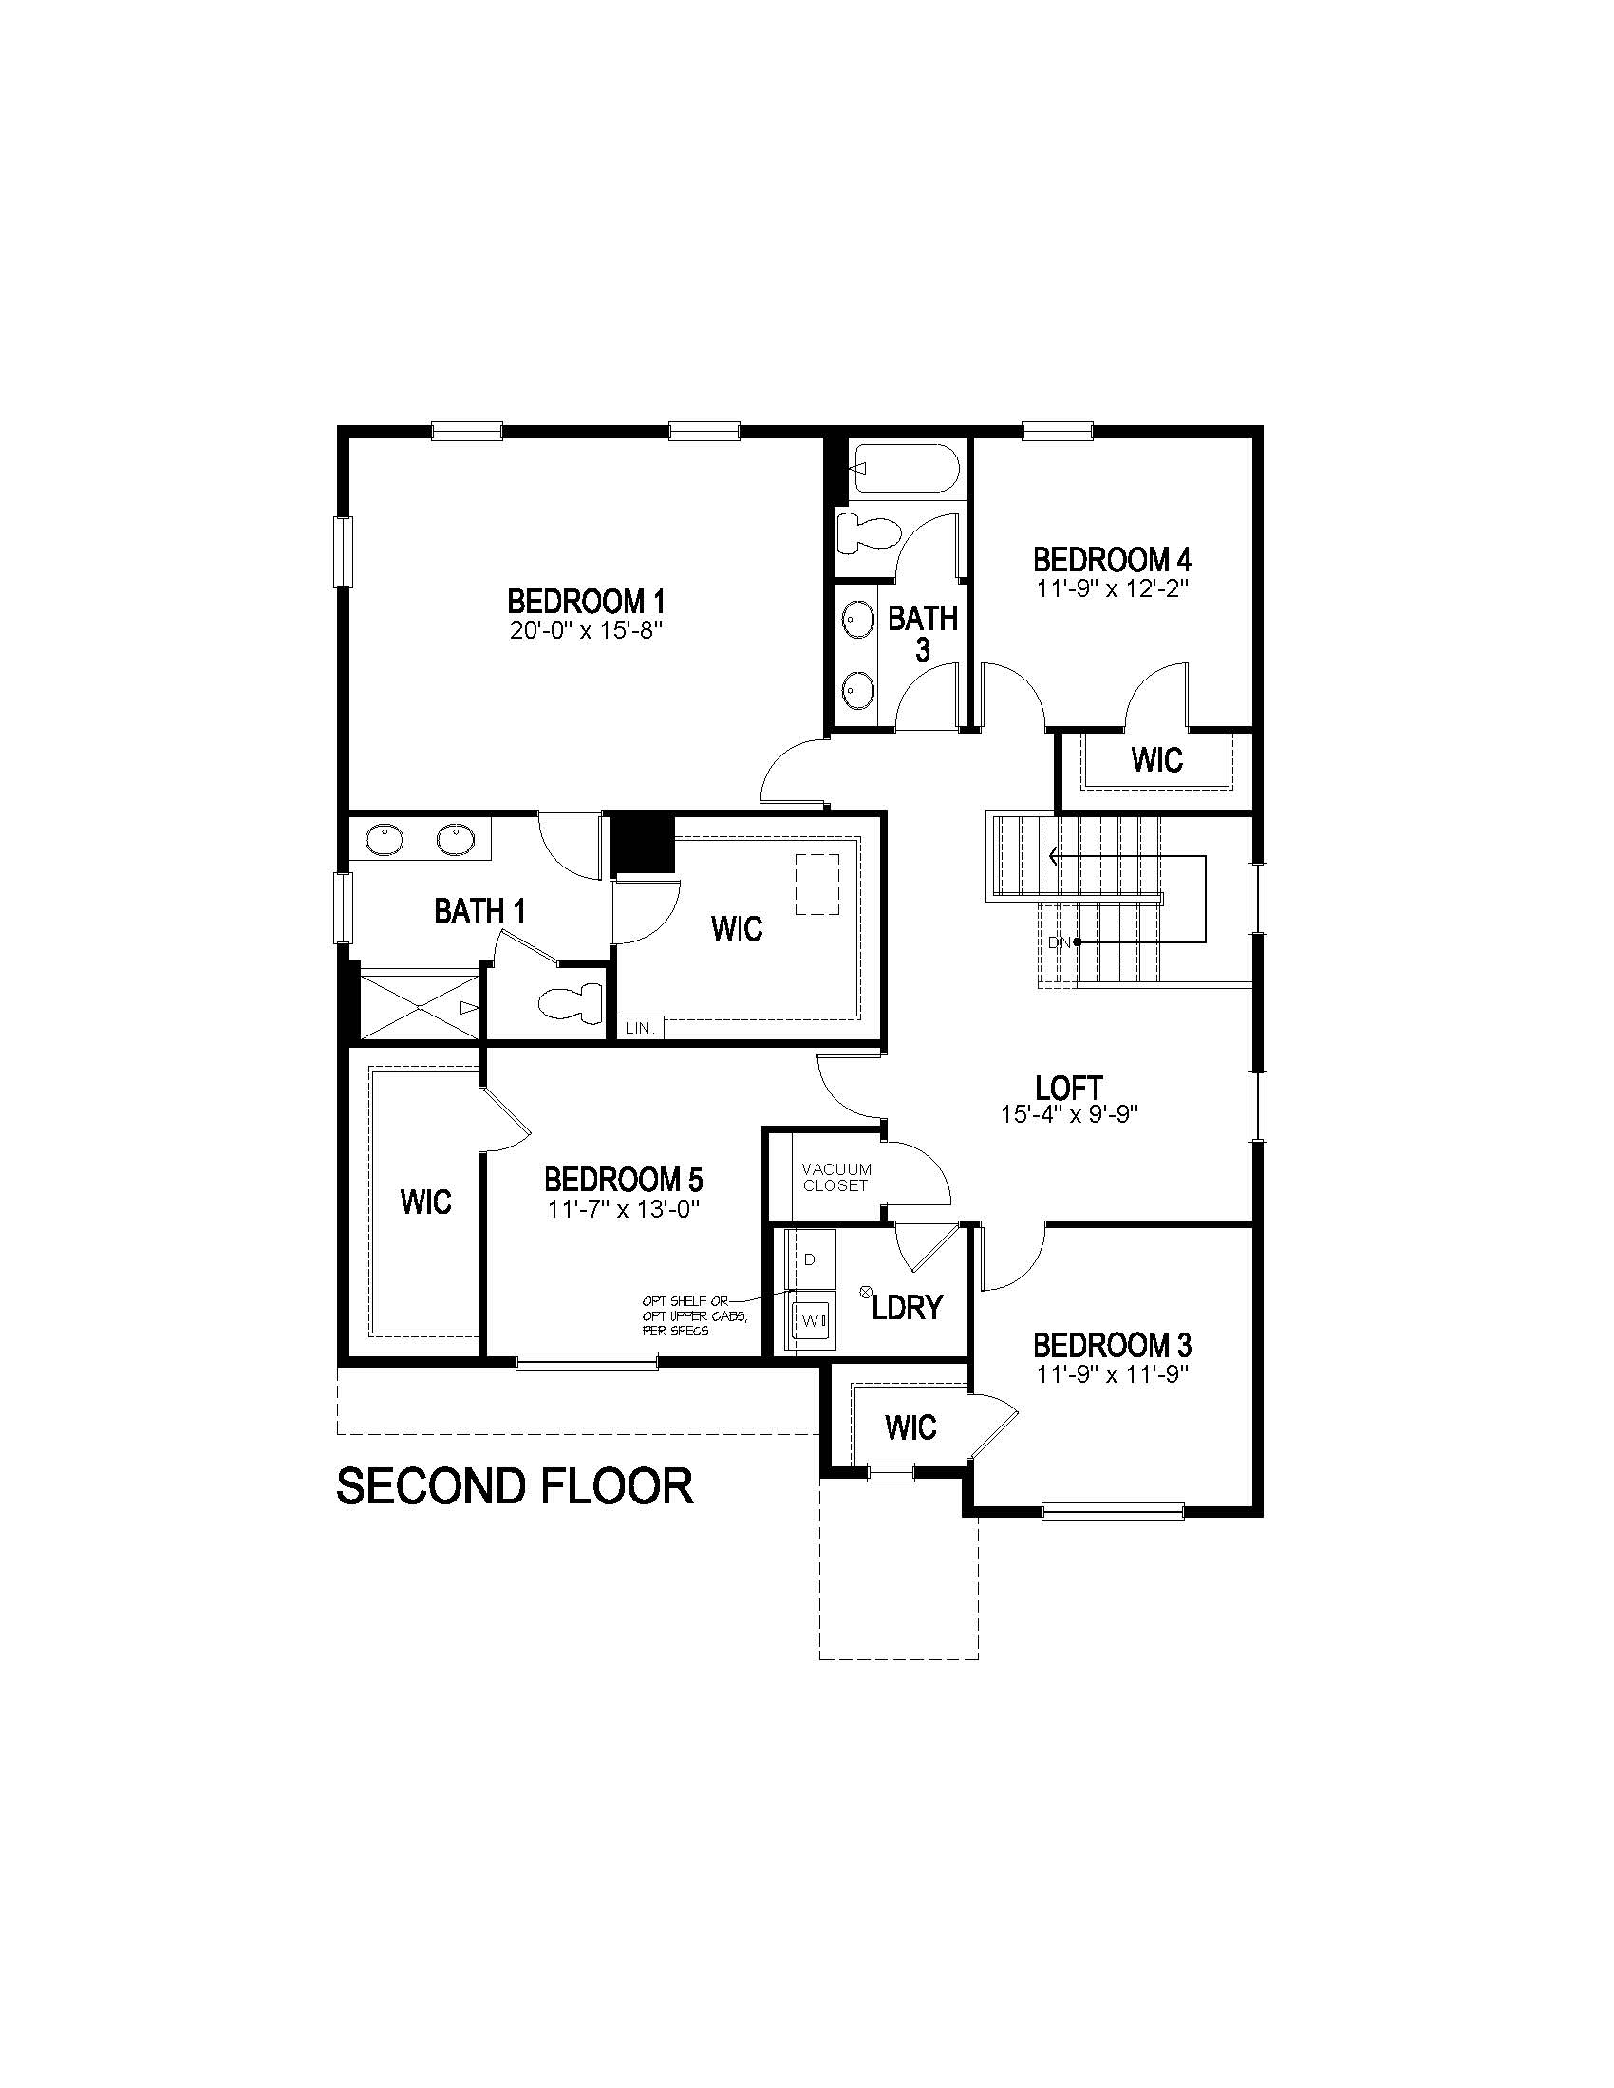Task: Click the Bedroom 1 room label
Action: point(585,602)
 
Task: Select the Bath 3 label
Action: point(923,633)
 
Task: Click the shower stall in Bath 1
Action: point(420,1006)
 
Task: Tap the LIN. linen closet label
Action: point(639,1029)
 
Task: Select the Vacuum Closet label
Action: point(835,1177)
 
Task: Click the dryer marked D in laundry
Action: point(810,1259)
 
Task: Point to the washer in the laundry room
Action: point(811,1320)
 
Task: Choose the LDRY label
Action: point(908,1307)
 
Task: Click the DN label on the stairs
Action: point(1059,942)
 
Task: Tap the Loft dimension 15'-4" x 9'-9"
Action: point(1068,1114)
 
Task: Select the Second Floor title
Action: point(515,1486)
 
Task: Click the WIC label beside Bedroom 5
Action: point(425,1202)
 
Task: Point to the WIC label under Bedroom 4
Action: point(1157,760)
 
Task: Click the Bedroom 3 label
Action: point(1112,1346)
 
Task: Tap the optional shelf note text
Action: point(694,1315)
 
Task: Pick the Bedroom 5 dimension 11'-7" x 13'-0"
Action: point(625,1208)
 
